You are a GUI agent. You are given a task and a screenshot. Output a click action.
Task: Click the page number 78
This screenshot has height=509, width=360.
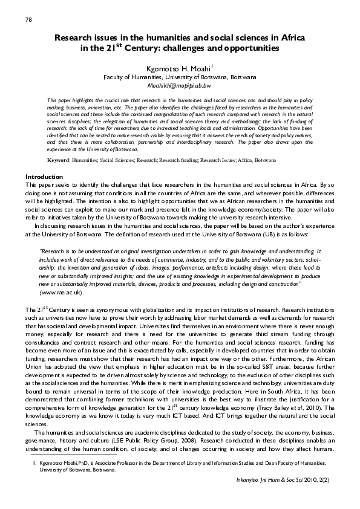pos(28,20)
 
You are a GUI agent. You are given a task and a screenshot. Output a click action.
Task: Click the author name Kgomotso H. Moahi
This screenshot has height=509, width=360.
pos(177,68)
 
